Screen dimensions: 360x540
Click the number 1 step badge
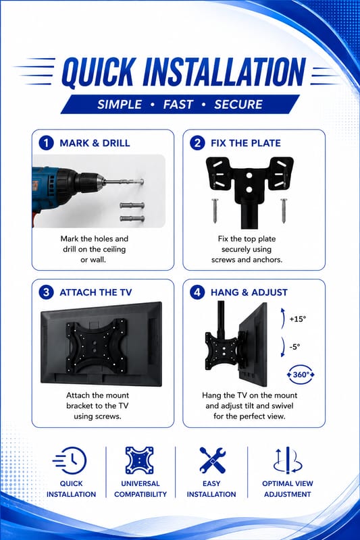click(x=46, y=143)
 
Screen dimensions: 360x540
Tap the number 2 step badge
click(x=197, y=143)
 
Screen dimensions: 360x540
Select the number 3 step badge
click(x=46, y=292)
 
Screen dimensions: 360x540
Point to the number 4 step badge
click(x=197, y=292)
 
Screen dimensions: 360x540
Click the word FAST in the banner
click(x=178, y=105)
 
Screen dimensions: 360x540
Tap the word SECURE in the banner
click(x=238, y=105)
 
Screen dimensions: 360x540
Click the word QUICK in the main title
click(x=98, y=72)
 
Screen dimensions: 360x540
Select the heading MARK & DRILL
click(x=95, y=143)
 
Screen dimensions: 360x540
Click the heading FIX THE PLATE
click(x=246, y=143)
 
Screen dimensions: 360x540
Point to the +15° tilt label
click(x=298, y=319)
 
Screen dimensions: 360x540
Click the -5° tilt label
click(x=294, y=346)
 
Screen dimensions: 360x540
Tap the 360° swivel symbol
click(x=301, y=375)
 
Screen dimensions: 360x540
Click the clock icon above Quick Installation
click(x=70, y=461)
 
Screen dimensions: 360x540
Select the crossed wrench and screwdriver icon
click(x=213, y=460)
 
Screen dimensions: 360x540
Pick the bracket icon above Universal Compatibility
click(x=139, y=460)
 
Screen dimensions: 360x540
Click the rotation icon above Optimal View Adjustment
click(x=288, y=460)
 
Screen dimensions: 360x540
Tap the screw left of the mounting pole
click(x=215, y=211)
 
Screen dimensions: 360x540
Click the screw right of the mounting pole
click(x=284, y=211)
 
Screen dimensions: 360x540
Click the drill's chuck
click(x=88, y=182)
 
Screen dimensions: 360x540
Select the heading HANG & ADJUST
click(x=249, y=292)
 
